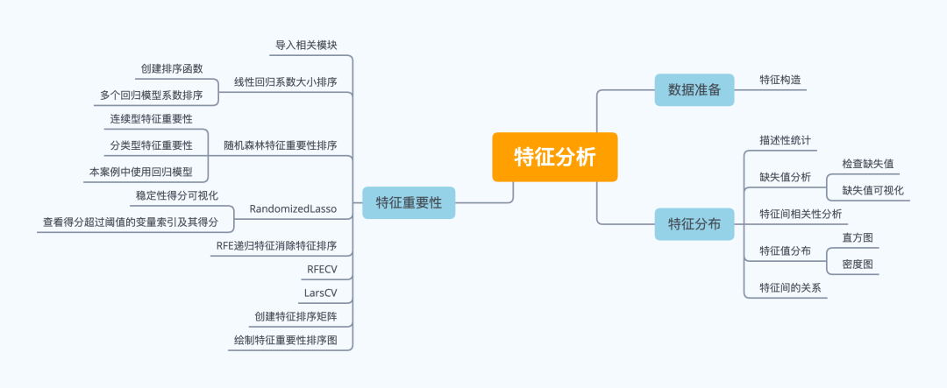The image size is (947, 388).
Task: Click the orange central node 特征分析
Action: pyautogui.click(x=554, y=157)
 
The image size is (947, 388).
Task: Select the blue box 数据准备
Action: pyautogui.click(x=694, y=89)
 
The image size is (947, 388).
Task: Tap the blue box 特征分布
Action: pyautogui.click(x=694, y=224)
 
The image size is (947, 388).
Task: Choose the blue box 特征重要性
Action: pyautogui.click(x=409, y=203)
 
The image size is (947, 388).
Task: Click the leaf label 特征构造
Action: pyautogui.click(x=780, y=80)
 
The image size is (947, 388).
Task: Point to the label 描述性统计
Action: pyautogui.click(x=785, y=140)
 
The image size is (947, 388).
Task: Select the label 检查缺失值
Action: pyautogui.click(x=868, y=164)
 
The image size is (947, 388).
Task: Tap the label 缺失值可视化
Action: pyautogui.click(x=872, y=190)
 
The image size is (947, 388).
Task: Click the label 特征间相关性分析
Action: pyautogui.click(x=801, y=214)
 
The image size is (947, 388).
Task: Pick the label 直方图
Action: pyautogui.click(x=857, y=237)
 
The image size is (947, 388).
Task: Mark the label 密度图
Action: pyautogui.click(x=857, y=264)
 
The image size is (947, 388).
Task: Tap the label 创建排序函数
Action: pyautogui.click(x=171, y=68)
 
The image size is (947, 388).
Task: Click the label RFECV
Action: pyautogui.click(x=322, y=269)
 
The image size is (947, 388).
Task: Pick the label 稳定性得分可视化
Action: pyautogui.click(x=176, y=195)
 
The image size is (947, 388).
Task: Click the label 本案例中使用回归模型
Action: pyautogui.click(x=140, y=172)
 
